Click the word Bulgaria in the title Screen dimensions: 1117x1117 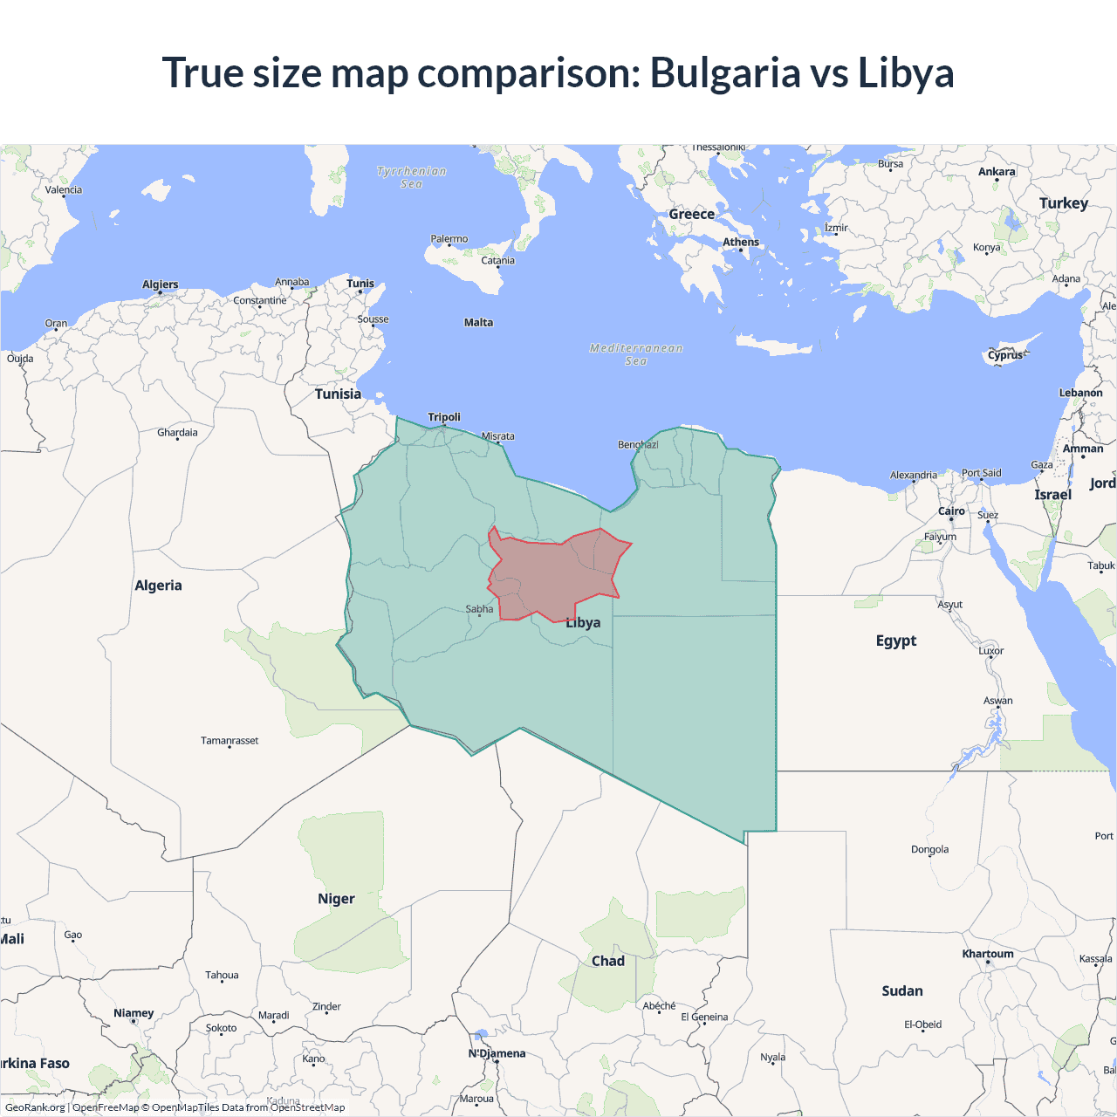tap(725, 73)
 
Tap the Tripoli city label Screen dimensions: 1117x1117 tap(444, 417)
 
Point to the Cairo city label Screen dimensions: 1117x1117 tap(951, 511)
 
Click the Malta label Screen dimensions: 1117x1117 tap(478, 323)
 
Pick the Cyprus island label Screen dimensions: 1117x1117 tap(1005, 355)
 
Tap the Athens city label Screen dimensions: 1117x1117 tap(741, 243)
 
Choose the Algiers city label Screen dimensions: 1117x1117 tap(161, 284)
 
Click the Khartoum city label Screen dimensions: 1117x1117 tap(988, 954)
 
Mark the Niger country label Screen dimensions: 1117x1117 tap(336, 899)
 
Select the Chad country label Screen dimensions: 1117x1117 tap(608, 961)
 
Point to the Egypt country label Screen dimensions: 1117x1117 tap(896, 641)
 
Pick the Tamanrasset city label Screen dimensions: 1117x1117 tap(230, 741)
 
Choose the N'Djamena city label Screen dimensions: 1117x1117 tap(497, 1053)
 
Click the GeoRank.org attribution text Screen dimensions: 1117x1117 tap(35, 1107)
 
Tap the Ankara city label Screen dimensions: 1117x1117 tap(997, 172)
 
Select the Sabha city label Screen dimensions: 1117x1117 tap(479, 609)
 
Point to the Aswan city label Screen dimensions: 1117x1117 tap(998, 701)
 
